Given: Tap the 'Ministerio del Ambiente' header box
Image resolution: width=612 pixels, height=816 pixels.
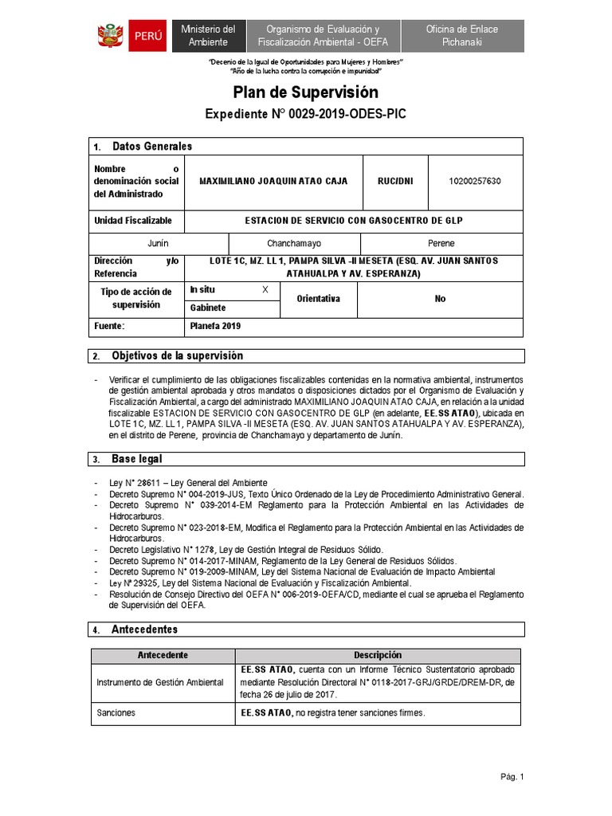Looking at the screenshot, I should [x=208, y=36].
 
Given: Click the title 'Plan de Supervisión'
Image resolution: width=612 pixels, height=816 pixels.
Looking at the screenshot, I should [x=305, y=92].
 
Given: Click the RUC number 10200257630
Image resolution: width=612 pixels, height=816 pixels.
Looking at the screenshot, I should [x=476, y=181].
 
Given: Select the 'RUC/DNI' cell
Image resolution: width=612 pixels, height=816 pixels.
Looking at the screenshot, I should [x=395, y=181].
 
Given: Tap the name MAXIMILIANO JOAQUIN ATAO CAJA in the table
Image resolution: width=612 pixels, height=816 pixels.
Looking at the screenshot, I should [x=273, y=181].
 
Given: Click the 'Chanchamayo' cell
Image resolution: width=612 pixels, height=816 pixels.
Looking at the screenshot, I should [x=294, y=243].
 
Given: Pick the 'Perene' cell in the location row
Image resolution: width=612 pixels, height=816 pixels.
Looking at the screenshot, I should [x=441, y=243].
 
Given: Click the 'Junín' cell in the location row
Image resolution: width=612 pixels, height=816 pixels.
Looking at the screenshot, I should [x=158, y=243].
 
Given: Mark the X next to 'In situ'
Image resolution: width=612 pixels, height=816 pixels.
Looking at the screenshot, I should [x=265, y=290].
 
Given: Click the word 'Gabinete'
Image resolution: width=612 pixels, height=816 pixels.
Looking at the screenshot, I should [x=208, y=308].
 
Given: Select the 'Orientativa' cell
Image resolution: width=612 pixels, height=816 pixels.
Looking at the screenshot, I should [x=318, y=299].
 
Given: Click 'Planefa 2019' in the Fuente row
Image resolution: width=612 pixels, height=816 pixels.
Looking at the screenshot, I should [x=215, y=326].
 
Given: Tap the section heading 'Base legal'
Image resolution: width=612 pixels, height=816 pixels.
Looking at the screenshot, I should [x=137, y=459].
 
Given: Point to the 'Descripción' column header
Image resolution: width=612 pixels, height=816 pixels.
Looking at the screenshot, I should [x=378, y=655].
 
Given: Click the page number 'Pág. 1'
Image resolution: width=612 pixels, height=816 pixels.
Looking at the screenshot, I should [x=512, y=777].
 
